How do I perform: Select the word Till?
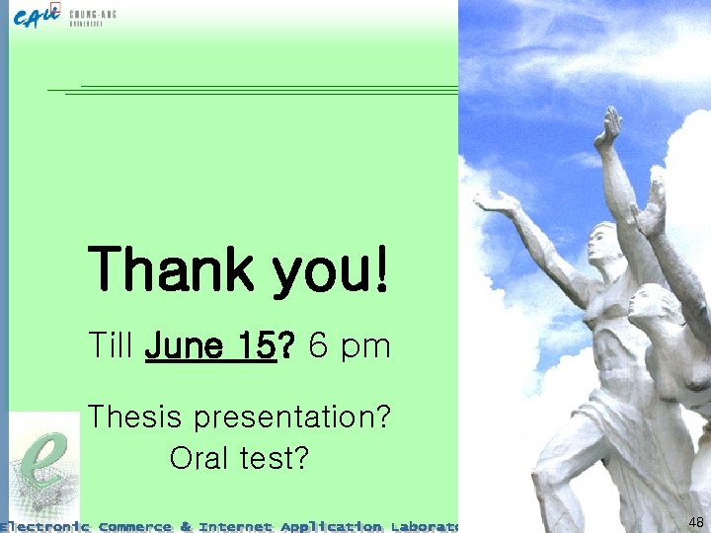pyautogui.click(x=110, y=346)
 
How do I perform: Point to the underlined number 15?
pyautogui.click(x=255, y=346)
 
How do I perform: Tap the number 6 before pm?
pyautogui.click(x=319, y=346)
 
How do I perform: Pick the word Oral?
pyautogui.click(x=196, y=458)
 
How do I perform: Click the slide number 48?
pyautogui.click(x=695, y=522)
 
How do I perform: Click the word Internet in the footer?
pyautogui.click(x=235, y=526)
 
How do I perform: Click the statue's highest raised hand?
pyautogui.click(x=610, y=125)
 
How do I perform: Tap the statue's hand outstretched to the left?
pyautogui.click(x=497, y=202)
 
